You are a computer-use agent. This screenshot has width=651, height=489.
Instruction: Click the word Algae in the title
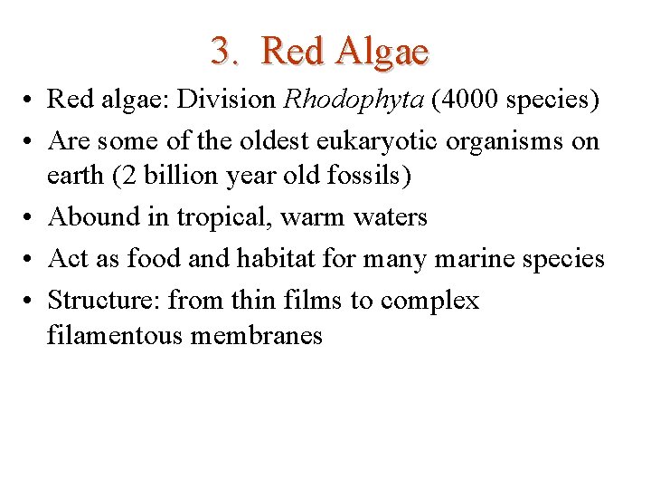[381, 52]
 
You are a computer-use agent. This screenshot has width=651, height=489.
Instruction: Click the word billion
[169, 175]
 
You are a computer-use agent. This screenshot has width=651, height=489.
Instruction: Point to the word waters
[390, 217]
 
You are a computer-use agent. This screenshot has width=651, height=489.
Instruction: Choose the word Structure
[105, 301]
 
